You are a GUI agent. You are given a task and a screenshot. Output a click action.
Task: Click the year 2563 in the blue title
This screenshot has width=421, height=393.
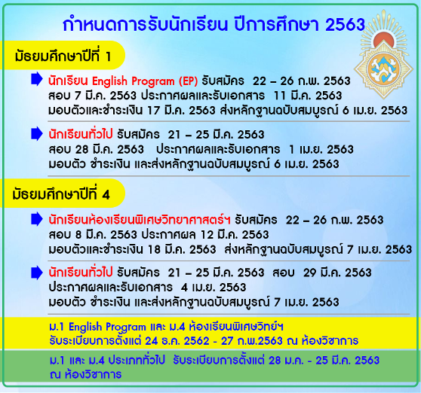[x=345, y=25]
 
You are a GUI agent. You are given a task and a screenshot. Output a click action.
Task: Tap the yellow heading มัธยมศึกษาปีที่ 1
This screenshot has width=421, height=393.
[x=63, y=56]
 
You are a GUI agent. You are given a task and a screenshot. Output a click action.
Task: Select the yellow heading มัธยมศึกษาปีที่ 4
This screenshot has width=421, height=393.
[x=61, y=194]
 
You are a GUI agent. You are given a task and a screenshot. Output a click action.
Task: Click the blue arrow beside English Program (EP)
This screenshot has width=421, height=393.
[x=37, y=79]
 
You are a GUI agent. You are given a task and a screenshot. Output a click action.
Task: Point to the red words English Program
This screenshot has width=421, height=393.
[x=134, y=81]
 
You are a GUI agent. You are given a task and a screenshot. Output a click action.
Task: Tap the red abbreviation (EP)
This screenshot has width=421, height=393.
[x=189, y=81]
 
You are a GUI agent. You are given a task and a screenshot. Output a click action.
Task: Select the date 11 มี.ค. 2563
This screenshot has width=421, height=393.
[x=307, y=96]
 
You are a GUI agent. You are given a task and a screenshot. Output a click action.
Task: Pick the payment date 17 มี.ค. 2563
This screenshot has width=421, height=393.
[x=182, y=111]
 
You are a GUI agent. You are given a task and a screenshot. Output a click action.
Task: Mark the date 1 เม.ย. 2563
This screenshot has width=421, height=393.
[x=321, y=149]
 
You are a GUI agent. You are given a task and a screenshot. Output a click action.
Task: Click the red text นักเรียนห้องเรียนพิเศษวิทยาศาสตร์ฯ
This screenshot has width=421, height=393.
[x=140, y=220]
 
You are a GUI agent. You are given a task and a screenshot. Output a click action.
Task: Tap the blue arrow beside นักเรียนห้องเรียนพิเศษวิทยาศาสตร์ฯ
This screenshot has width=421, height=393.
[x=37, y=219]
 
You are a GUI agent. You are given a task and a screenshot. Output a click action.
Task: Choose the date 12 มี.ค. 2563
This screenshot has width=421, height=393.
[x=235, y=235]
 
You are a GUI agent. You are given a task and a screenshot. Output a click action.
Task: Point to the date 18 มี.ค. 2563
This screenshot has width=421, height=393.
[x=182, y=249]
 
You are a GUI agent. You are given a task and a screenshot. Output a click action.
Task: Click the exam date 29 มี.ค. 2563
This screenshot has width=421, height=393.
[x=337, y=273]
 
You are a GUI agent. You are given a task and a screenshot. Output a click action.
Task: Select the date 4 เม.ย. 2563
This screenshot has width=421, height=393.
[x=214, y=287]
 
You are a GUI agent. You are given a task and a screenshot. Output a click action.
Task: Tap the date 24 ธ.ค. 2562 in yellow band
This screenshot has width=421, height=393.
[x=177, y=341]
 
